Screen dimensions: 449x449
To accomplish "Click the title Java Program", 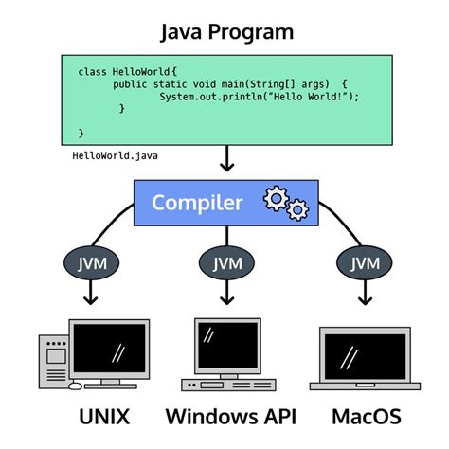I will point(224,31).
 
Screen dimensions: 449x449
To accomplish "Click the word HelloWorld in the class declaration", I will point(143,71).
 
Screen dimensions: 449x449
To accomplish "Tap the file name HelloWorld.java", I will point(112,155).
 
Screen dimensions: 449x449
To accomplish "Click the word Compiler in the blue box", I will point(197,202).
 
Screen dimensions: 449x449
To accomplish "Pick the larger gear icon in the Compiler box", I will point(276,198).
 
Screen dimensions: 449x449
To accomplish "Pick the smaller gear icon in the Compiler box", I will point(297,208).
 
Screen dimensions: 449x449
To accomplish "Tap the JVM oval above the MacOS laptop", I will point(364,262).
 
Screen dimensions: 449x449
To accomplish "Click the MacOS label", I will point(367,417).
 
